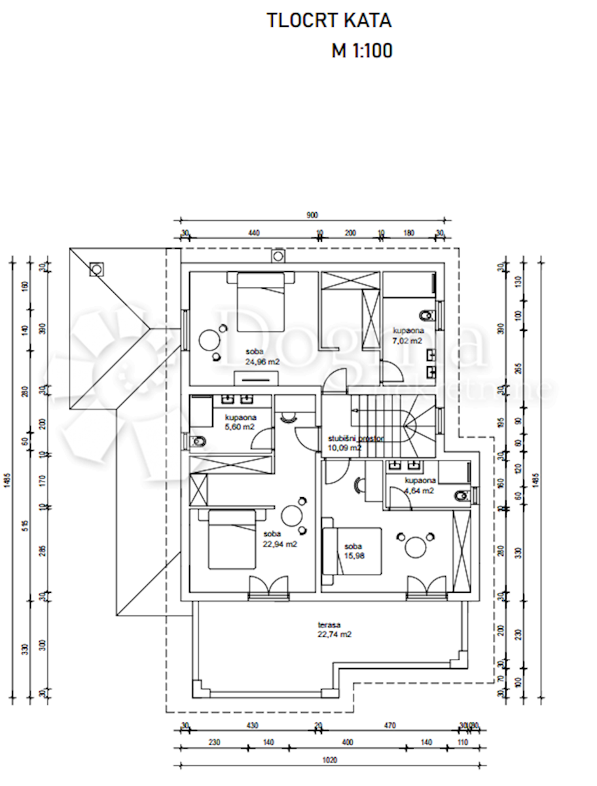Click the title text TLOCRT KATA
click(329, 20)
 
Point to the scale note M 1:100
click(361, 50)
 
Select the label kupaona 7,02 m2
click(407, 336)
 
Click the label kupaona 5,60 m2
click(240, 422)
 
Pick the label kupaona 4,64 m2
click(418, 485)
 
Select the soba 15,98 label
click(353, 552)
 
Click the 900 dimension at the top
click(313, 215)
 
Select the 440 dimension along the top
click(254, 233)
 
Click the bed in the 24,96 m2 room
click(261, 303)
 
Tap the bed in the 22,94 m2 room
click(232, 539)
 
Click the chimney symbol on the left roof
click(96, 269)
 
